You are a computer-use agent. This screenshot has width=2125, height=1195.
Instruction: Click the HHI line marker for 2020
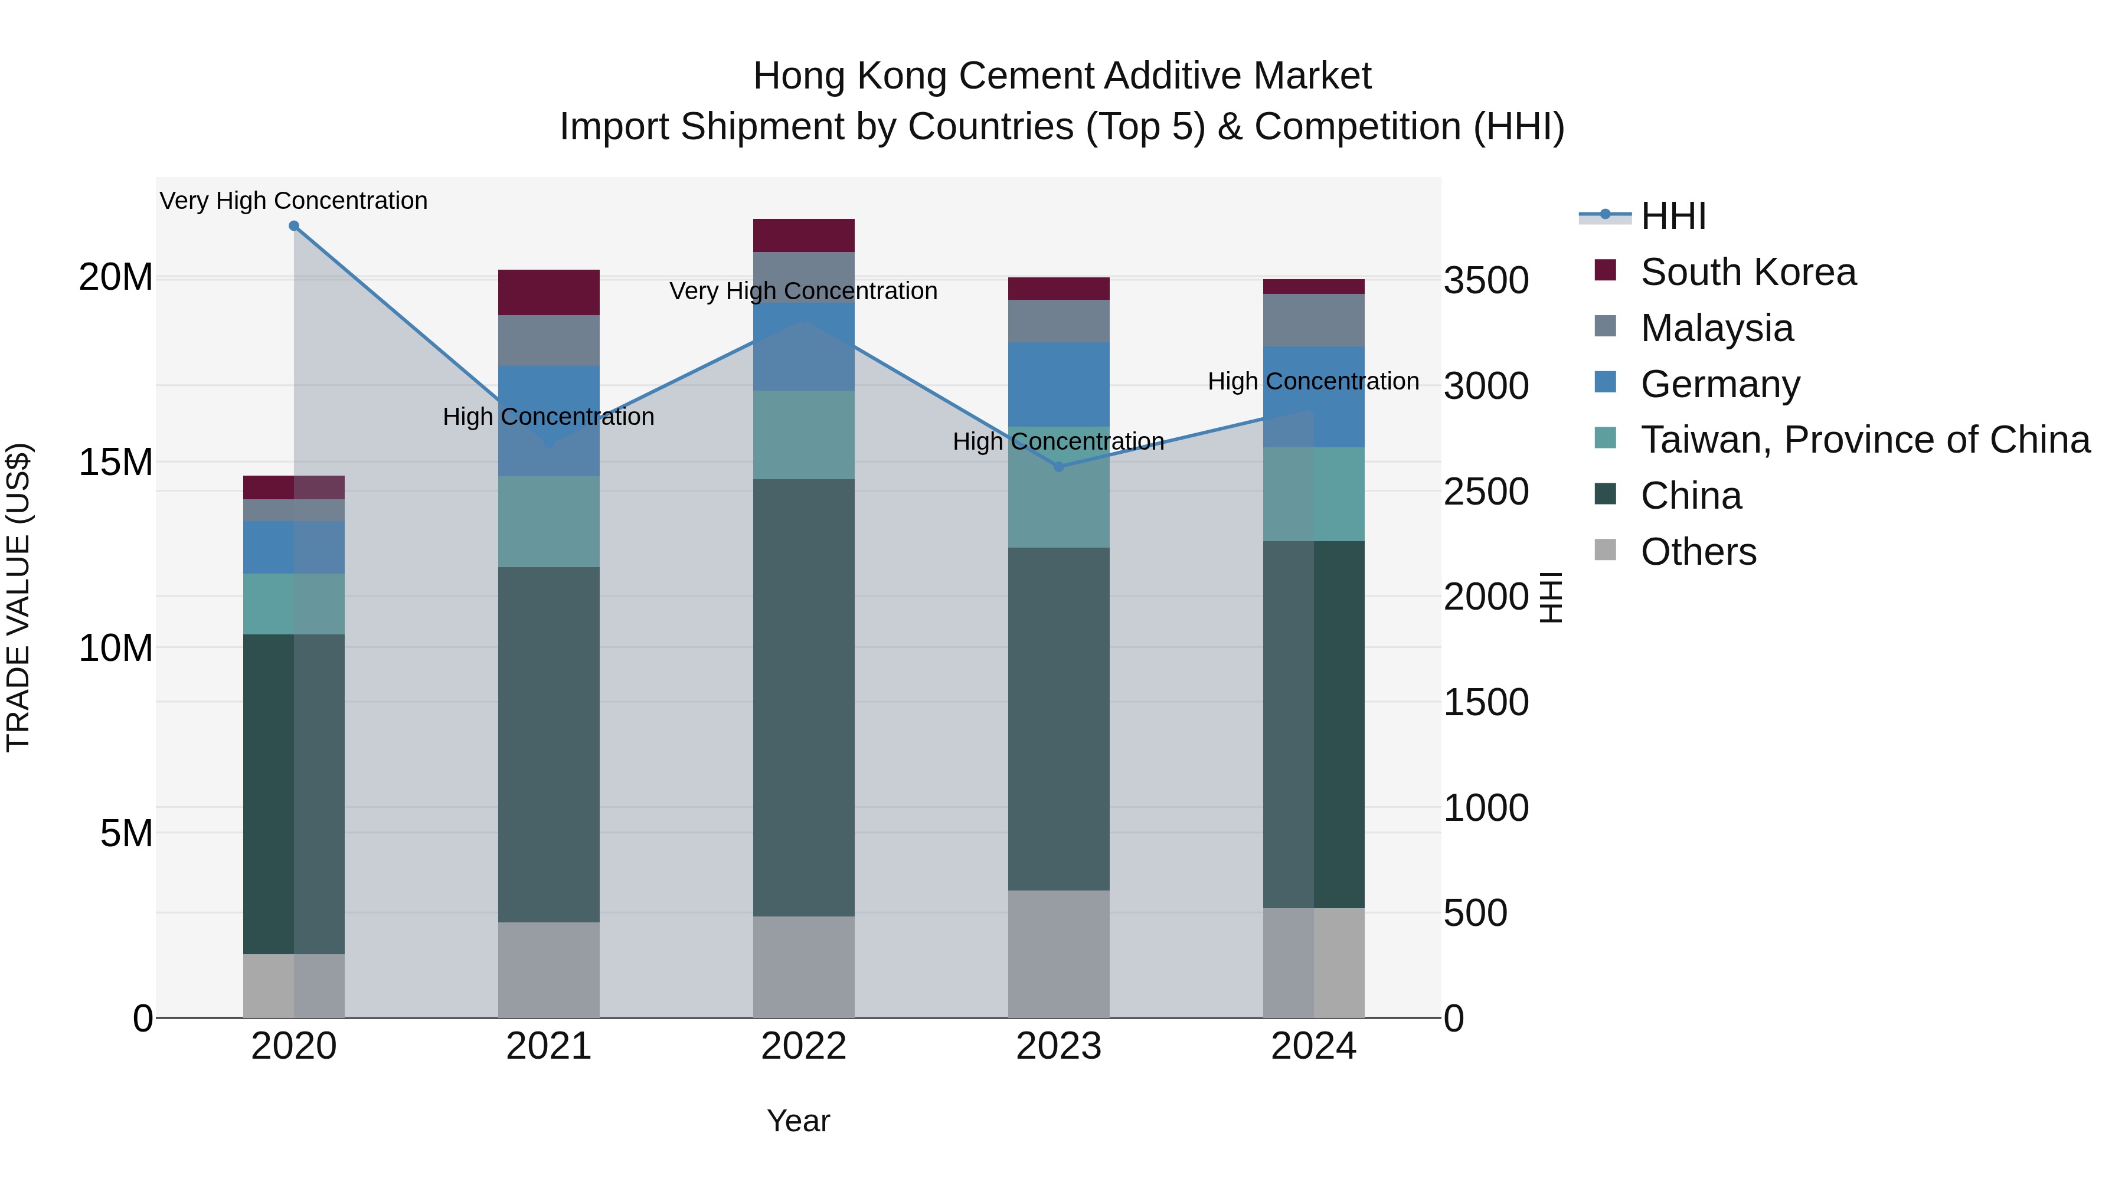[x=294, y=226]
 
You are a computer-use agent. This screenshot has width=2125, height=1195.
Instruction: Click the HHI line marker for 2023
[x=1059, y=467]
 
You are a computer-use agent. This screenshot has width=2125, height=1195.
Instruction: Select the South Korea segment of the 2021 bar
[x=548, y=292]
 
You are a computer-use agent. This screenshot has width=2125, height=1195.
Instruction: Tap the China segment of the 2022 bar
[x=803, y=697]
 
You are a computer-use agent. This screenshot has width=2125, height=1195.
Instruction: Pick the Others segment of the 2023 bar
[x=1058, y=954]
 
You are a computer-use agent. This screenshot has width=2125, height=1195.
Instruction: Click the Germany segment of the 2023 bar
[x=1058, y=384]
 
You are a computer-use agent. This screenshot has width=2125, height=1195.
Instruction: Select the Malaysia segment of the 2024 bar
[x=1313, y=320]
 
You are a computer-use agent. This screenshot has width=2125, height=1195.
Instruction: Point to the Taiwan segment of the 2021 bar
[x=548, y=521]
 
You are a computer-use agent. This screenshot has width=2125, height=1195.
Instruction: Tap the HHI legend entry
[x=1672, y=216]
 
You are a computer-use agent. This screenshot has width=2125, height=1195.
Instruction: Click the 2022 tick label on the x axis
[x=803, y=1046]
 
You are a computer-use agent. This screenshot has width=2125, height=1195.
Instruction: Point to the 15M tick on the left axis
[x=116, y=462]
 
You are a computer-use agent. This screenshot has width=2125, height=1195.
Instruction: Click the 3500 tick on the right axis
[x=1486, y=280]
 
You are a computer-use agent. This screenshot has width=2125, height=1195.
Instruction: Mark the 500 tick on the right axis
[x=1475, y=913]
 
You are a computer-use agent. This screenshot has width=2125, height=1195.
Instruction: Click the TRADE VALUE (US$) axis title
[x=18, y=597]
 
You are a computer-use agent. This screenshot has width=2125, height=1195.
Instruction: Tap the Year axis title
[x=797, y=1121]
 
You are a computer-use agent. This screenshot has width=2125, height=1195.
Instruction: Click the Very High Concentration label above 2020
[x=294, y=201]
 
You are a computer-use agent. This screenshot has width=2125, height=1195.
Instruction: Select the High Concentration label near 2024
[x=1313, y=381]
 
